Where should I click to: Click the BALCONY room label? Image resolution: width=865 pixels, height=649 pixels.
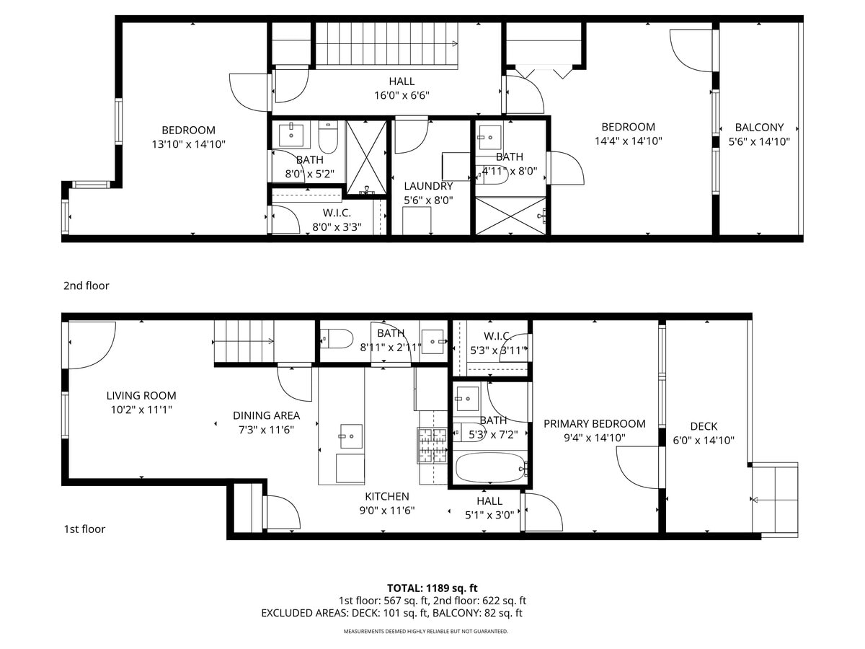click(759, 128)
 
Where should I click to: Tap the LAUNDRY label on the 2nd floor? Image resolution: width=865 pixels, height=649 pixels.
click(428, 186)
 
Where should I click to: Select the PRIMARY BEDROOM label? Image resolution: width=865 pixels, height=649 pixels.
click(594, 424)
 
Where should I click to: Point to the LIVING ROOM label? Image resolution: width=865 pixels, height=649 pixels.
click(141, 396)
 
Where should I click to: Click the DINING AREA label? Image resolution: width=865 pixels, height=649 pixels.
click(266, 416)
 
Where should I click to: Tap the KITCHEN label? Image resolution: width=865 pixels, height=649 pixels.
click(386, 497)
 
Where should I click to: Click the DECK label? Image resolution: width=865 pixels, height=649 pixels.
click(704, 426)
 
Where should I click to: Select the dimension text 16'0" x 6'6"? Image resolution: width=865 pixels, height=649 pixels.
click(402, 95)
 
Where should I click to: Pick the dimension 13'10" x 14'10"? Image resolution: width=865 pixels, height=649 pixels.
click(188, 144)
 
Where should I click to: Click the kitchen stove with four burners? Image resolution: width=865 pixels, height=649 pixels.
click(432, 445)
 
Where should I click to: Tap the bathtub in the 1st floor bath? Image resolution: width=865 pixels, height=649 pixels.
click(489, 468)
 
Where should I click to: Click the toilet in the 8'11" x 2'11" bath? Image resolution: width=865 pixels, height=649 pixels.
click(336, 338)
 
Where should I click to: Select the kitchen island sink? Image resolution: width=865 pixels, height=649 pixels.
click(350, 432)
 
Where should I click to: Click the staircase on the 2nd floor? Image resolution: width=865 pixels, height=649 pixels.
click(388, 44)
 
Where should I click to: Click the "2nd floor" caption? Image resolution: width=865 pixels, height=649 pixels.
click(86, 286)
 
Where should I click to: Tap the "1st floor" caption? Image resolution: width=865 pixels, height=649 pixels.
click(84, 529)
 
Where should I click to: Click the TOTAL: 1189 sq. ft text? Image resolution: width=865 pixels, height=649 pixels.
click(432, 588)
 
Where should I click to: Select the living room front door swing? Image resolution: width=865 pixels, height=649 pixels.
click(92, 341)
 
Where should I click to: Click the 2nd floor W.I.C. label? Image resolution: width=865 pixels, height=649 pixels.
click(337, 213)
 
